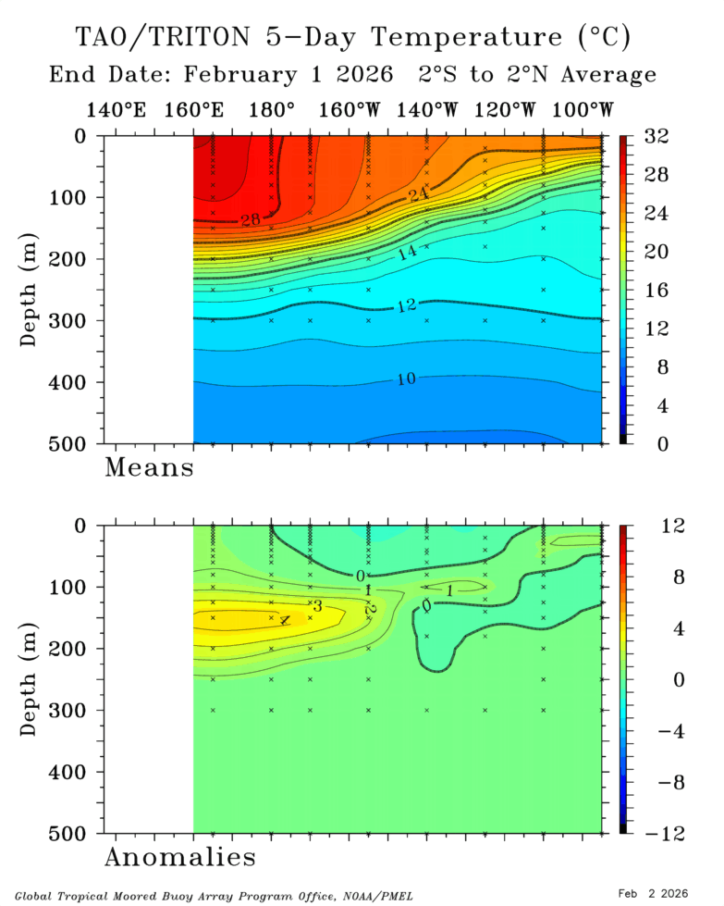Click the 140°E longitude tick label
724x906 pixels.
[117, 110]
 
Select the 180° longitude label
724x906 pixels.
[272, 110]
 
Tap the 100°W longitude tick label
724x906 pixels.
[583, 110]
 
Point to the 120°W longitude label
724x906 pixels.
[506, 110]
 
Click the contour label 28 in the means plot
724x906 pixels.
[251, 219]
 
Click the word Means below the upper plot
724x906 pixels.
[149, 467]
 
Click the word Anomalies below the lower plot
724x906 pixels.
[179, 858]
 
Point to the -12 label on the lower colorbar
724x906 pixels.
[658, 834]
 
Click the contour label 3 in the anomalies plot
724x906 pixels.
[316, 605]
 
